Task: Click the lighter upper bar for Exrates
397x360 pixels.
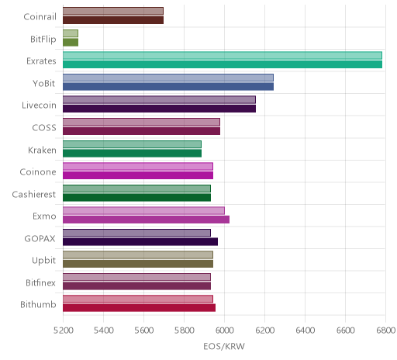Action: [223, 56]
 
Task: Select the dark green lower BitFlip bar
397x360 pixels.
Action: [71, 43]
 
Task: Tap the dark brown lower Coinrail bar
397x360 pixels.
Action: [113, 20]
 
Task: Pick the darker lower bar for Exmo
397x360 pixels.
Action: [146, 220]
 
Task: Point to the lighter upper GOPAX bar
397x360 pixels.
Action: [136, 233]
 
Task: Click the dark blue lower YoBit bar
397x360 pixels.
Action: [168, 87]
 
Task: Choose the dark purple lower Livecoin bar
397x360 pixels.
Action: [159, 109]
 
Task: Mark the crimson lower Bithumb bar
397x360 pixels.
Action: [139, 308]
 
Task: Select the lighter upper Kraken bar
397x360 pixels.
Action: [132, 144]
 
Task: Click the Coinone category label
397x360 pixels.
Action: [38, 172]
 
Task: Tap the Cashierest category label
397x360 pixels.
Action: [34, 194]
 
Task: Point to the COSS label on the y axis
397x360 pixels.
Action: [44, 128]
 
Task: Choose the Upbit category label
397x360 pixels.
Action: [43, 261]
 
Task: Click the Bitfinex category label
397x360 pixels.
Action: [40, 282]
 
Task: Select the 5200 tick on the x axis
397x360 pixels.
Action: [64, 331]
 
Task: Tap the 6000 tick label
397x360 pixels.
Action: [224, 331]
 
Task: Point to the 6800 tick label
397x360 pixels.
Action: [385, 331]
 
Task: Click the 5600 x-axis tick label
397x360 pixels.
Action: [144, 331]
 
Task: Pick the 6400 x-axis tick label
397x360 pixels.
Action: [305, 331]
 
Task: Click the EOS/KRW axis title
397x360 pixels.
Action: [224, 346]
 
